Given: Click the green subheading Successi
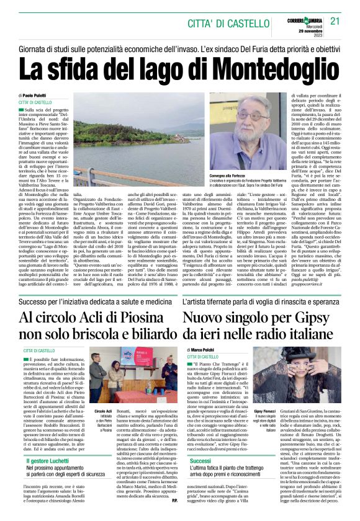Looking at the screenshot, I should [x=200, y=461].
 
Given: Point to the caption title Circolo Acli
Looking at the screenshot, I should [x=104, y=411].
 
